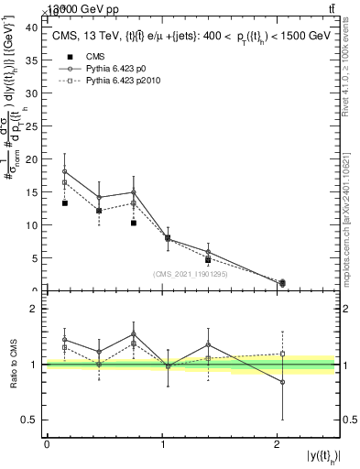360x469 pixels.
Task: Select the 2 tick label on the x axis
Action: tap(277, 443)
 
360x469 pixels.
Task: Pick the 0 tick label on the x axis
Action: tap(47, 443)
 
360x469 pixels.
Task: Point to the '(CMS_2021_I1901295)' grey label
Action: tap(191, 273)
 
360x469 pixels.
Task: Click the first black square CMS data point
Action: tap(64, 203)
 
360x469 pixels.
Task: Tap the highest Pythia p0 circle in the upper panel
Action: tap(64, 171)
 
